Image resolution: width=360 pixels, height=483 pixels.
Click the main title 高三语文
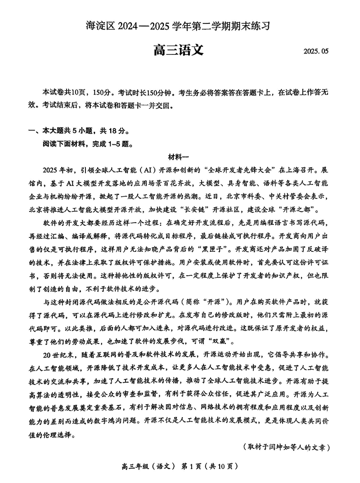[179, 49]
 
